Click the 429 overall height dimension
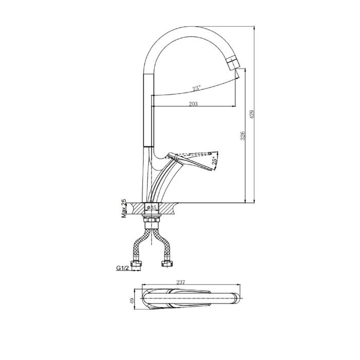(x=252, y=114)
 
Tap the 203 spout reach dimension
(x=193, y=104)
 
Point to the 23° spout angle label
(x=197, y=88)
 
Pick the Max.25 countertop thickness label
(x=124, y=208)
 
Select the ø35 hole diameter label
(x=152, y=208)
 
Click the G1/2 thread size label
(x=122, y=268)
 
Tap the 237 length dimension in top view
(x=181, y=282)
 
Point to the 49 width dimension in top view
(x=132, y=301)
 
